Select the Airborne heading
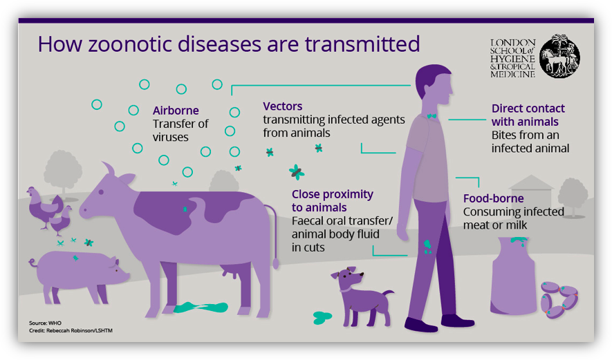[x=176, y=111]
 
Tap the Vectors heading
[x=282, y=106]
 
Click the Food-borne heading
[x=493, y=199]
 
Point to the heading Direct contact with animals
[x=528, y=115]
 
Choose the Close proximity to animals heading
[x=332, y=200]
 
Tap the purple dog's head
[x=348, y=280]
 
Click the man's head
[x=434, y=84]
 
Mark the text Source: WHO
[x=45, y=323]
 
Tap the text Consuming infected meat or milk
[x=512, y=218]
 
